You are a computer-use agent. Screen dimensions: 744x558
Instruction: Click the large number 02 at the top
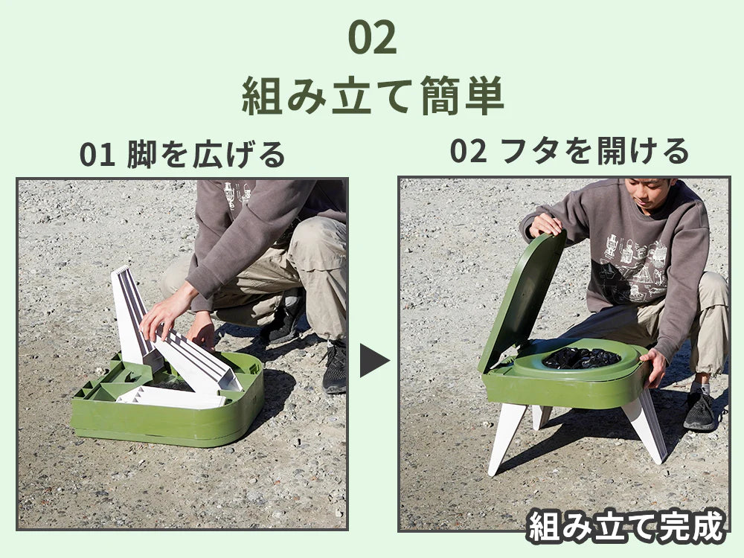pos(372,38)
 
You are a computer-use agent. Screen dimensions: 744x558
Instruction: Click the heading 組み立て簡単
pos(373,96)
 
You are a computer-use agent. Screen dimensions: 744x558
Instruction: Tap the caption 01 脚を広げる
pos(182,154)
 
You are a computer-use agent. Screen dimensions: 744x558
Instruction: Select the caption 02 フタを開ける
pos(569,151)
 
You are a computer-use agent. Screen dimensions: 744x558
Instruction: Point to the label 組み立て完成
pos(627,526)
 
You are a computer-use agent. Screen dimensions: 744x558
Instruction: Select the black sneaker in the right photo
pos(699,411)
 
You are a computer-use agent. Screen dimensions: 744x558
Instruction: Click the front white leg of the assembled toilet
pos(506,437)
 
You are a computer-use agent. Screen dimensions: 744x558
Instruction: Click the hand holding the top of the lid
pos(545,225)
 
